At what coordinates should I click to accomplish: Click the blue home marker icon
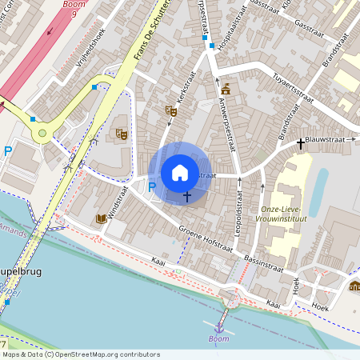pyautogui.click(x=180, y=173)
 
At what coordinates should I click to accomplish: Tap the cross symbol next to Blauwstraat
pyautogui.click(x=301, y=143)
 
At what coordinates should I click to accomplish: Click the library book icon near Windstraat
pyautogui.click(x=101, y=218)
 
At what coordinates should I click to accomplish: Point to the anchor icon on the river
pyautogui.click(x=218, y=326)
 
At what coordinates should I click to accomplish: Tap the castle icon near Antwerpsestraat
pyautogui.click(x=226, y=89)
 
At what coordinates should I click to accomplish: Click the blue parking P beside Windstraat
pyautogui.click(x=152, y=187)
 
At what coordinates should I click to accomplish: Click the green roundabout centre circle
pyautogui.click(x=42, y=133)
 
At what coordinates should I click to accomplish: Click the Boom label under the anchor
pyautogui.click(x=218, y=338)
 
